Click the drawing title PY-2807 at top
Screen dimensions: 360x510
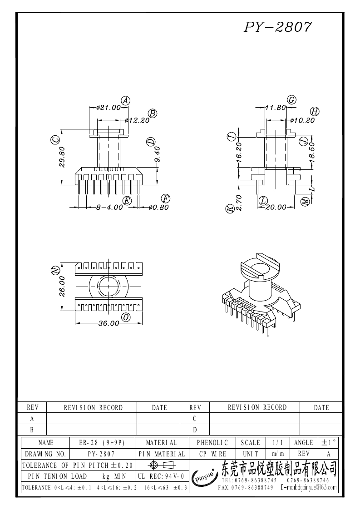pos(278,27)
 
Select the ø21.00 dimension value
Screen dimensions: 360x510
pos(108,107)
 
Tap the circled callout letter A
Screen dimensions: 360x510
pos(126,101)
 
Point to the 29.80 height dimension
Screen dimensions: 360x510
pos(62,157)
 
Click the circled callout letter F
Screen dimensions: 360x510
pos(166,199)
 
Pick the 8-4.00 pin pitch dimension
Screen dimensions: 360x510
pos(109,207)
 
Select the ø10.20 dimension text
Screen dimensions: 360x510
pos(302,120)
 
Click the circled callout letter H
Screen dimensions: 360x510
pos(315,112)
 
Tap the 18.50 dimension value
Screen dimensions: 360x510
pos(312,152)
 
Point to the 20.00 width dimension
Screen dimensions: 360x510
pos(276,207)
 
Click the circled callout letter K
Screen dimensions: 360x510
pos(230,209)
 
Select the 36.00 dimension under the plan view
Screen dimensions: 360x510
pos(108,323)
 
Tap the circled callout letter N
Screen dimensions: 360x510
pos(56,270)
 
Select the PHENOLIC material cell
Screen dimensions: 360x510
pos(212,443)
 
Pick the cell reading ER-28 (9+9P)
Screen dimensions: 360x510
pos(102,443)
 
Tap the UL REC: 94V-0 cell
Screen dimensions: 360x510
pos(161,476)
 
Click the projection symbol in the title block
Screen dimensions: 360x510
pos(162,465)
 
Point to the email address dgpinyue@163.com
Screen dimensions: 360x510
pos(309,487)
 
